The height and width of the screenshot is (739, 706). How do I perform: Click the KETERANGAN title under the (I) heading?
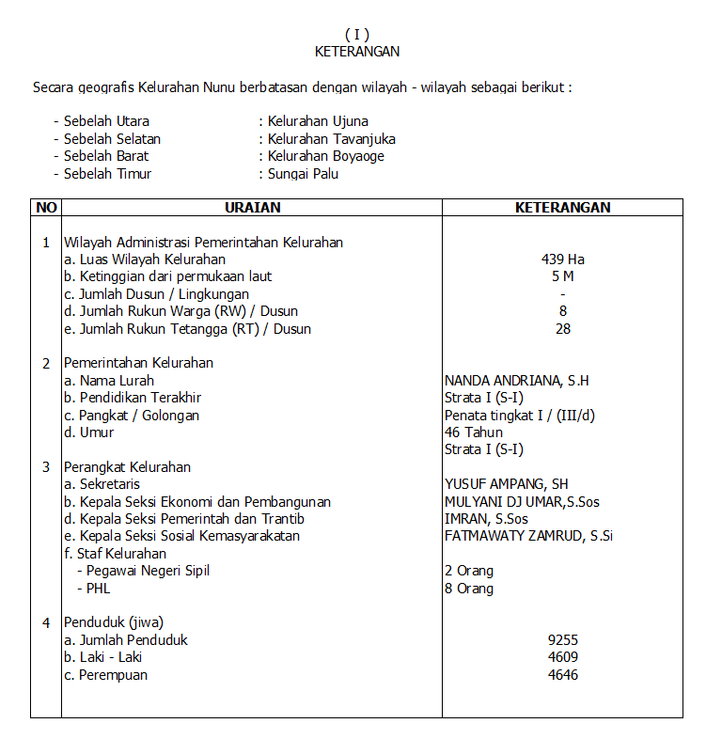(357, 52)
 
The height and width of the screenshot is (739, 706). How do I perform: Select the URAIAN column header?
(253, 208)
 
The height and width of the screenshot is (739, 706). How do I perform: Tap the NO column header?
(46, 208)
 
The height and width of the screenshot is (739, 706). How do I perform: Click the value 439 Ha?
(563, 259)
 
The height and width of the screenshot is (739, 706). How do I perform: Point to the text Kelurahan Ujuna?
(318, 121)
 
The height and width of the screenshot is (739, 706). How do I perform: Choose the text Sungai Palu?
(303, 174)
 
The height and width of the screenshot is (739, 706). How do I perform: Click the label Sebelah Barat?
(106, 156)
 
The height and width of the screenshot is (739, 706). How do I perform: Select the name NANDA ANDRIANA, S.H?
(517, 381)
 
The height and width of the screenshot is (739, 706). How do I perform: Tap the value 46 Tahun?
(474, 432)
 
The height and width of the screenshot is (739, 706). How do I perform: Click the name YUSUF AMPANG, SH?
(506, 484)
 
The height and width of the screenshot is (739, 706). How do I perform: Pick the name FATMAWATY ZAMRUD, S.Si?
(528, 536)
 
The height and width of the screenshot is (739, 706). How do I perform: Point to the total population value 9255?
(563, 640)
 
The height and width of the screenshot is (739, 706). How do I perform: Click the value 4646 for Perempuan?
(563, 675)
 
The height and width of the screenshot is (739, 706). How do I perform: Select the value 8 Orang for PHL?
(469, 589)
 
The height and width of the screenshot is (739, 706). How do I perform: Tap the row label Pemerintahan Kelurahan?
(138, 363)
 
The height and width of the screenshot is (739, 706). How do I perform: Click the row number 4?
(46, 622)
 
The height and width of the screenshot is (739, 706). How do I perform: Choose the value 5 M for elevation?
(563, 276)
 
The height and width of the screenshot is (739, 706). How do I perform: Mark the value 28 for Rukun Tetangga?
(563, 329)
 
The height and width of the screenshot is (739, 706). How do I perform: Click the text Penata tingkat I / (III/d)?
(519, 416)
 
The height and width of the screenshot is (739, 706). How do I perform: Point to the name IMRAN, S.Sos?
(486, 519)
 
